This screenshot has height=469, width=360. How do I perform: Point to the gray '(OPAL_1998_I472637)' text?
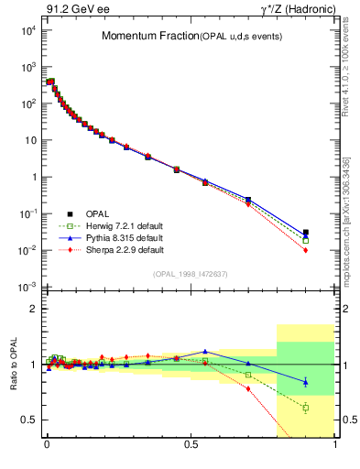191,274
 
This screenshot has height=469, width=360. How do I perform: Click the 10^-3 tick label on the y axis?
27,288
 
